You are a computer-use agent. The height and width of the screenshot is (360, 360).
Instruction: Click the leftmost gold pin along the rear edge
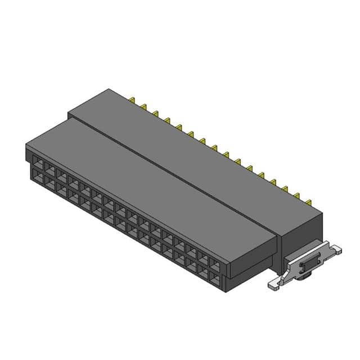coord(132,101)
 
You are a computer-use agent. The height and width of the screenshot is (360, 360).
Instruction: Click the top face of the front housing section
coord(152,180)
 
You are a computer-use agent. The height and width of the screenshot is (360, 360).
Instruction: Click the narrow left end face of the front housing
coord(28,160)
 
